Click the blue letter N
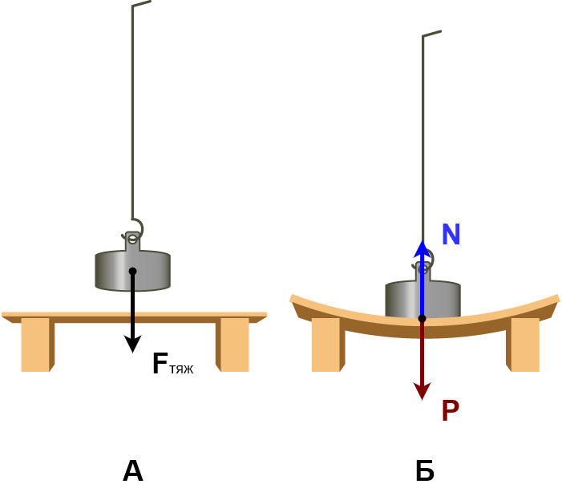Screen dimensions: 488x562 [451, 235]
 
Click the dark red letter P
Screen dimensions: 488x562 [450, 411]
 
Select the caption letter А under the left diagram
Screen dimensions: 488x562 [132, 471]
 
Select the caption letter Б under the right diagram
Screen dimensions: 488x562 [425, 471]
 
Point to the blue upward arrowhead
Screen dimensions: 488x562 [423, 248]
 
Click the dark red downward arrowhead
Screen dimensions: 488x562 [423, 392]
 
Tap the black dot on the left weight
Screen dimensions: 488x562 [133, 271]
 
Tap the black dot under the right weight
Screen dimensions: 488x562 [423, 318]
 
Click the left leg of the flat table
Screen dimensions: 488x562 [36, 345]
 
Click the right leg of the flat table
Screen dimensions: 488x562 [233, 345]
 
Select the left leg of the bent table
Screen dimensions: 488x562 [326, 345]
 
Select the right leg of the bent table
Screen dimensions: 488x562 [524, 345]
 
